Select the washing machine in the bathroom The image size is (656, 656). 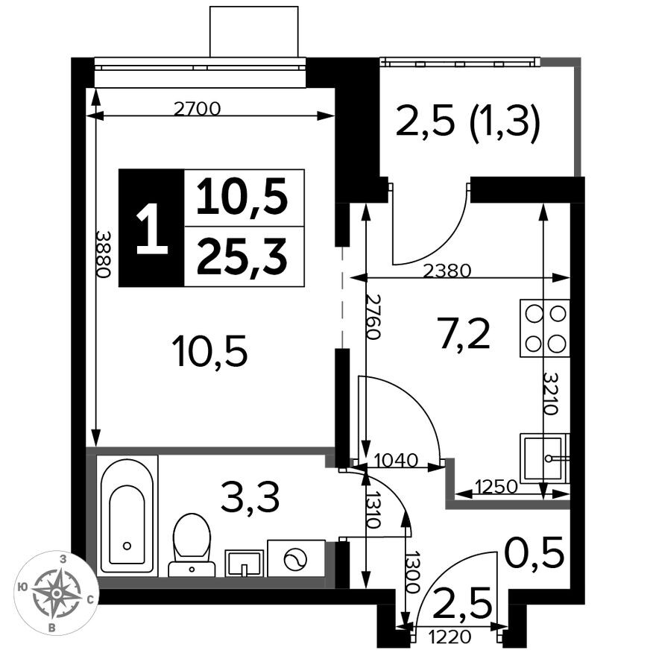tap(296, 558)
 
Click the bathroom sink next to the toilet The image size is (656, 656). tap(244, 563)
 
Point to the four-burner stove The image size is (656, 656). tap(544, 329)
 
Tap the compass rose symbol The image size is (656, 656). tap(56, 594)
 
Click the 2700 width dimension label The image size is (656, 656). tap(197, 109)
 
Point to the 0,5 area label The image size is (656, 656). tap(533, 553)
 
